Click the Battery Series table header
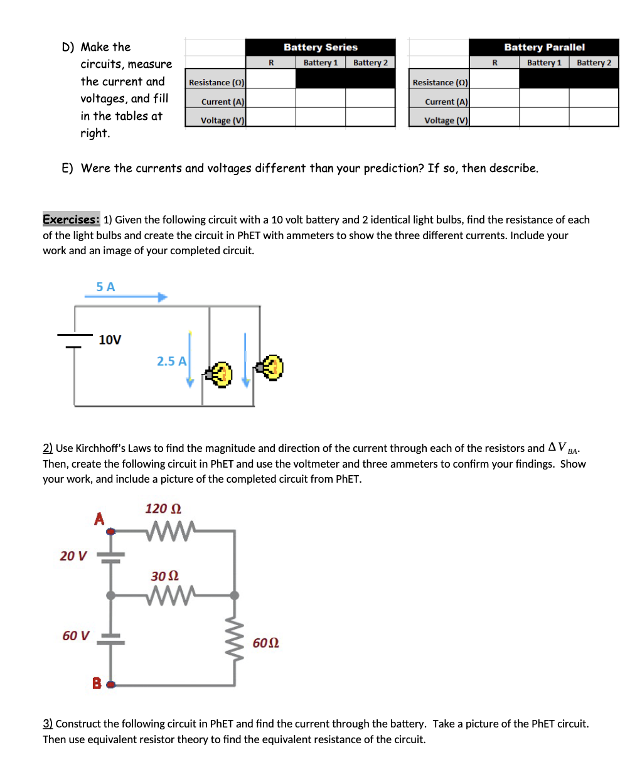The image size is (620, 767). (320, 47)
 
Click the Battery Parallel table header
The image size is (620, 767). (544, 47)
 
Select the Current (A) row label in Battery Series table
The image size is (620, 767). (223, 102)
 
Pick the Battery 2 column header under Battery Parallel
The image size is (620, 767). (594, 63)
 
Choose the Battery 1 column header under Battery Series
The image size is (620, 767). (320, 63)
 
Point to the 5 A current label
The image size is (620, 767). (106, 287)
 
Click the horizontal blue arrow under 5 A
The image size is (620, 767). (126, 297)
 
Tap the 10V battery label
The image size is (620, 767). (110, 340)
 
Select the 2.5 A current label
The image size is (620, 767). (171, 362)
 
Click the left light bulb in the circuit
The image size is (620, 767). (220, 375)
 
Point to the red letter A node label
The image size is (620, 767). (99, 519)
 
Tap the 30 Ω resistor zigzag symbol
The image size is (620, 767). (171, 593)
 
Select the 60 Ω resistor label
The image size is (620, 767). (265, 643)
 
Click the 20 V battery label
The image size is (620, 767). (73, 555)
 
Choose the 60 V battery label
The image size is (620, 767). (76, 636)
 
